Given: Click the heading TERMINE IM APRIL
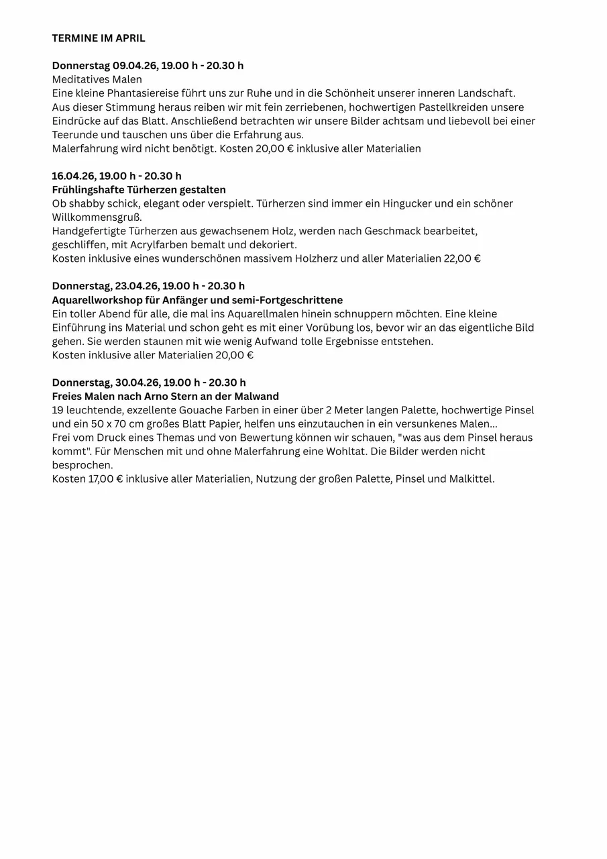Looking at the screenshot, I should point(99,38).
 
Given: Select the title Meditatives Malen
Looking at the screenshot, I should point(97,79).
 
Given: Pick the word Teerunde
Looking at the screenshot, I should point(74,135).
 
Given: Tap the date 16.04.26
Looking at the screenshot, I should point(73,176).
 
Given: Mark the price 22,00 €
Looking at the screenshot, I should point(462,258).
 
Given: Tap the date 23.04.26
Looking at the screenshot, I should point(136,286).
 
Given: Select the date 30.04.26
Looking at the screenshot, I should point(137,383).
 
